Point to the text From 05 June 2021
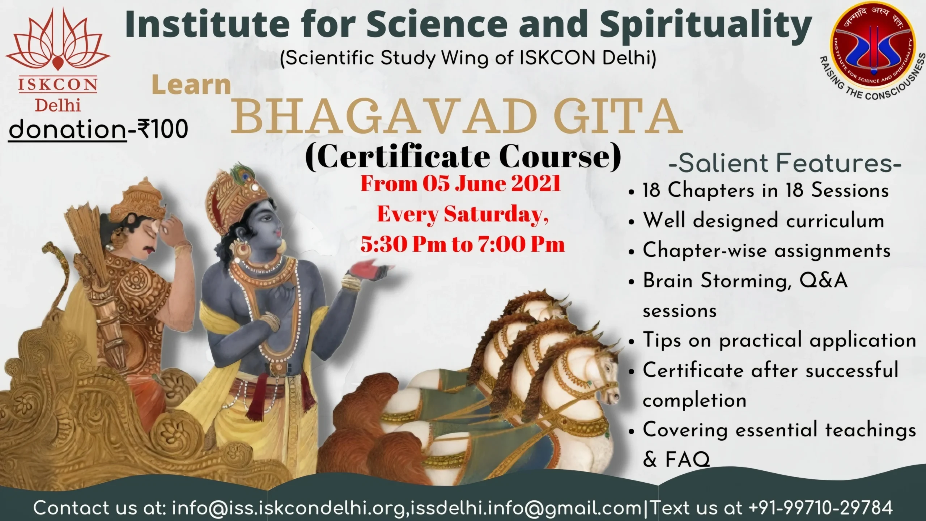[460, 184]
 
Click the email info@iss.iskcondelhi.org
[288, 508]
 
